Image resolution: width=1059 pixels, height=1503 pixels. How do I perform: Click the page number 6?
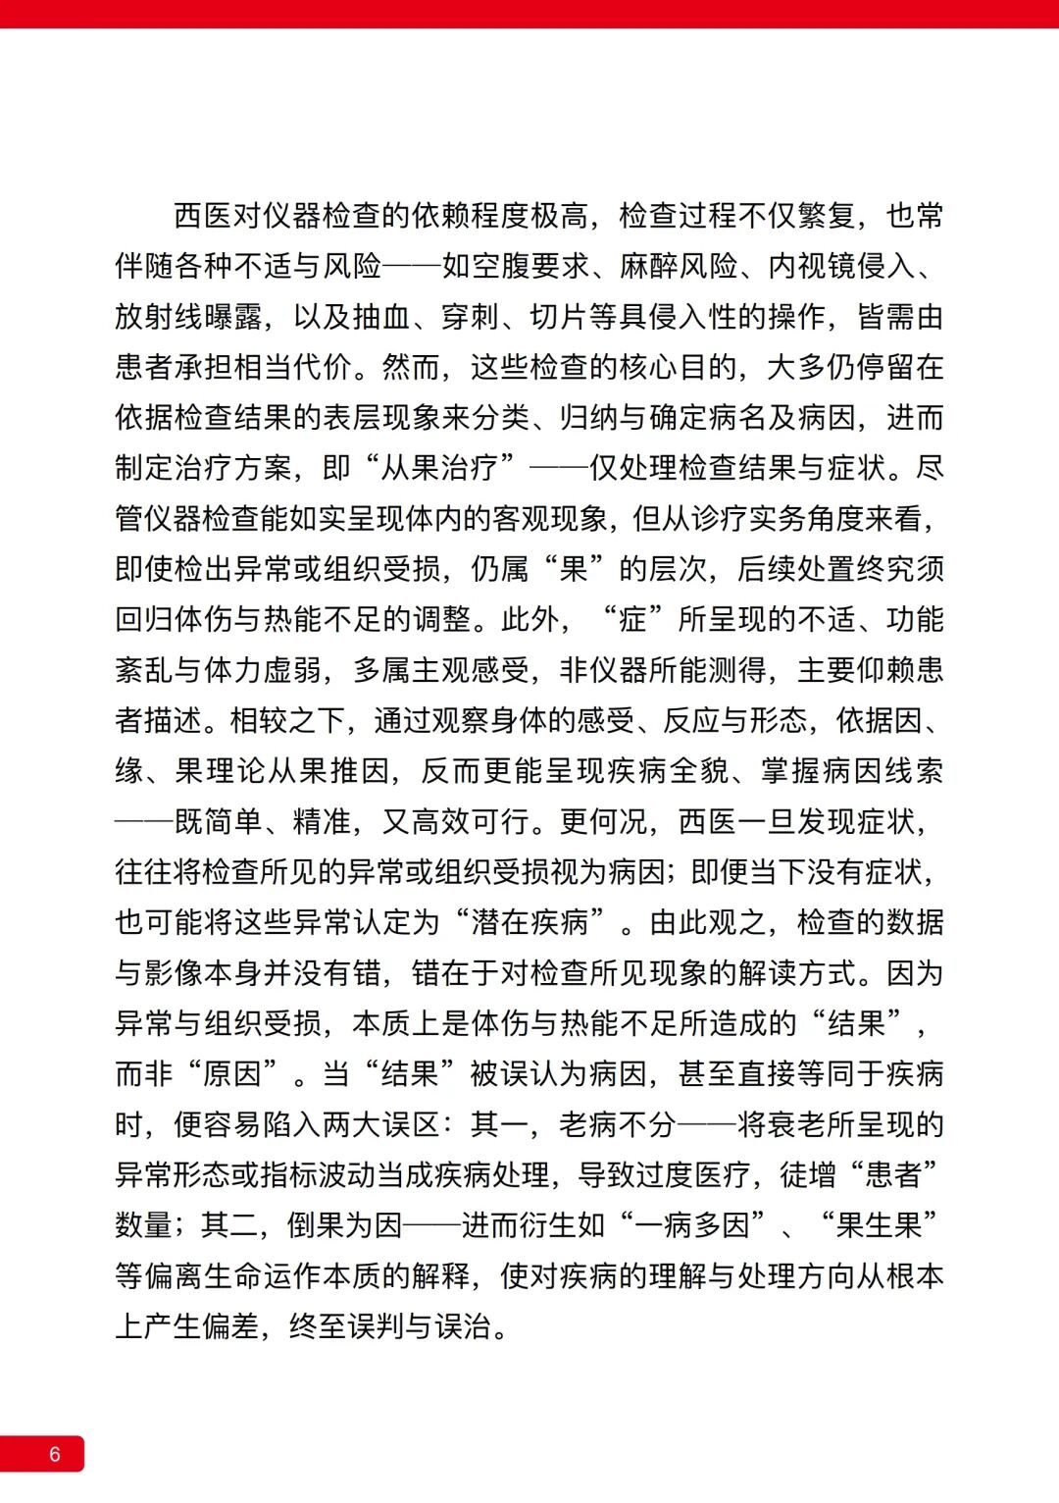pos(55,1454)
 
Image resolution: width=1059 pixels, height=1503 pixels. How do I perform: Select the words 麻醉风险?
pos(679,266)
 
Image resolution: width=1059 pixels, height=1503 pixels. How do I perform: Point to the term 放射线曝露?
pos(188,317)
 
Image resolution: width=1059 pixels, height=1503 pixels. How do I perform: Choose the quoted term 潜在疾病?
pos(529,923)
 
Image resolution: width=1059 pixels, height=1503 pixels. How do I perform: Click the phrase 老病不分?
pos(618,1125)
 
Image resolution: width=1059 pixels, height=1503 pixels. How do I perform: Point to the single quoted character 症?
pos(633,620)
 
